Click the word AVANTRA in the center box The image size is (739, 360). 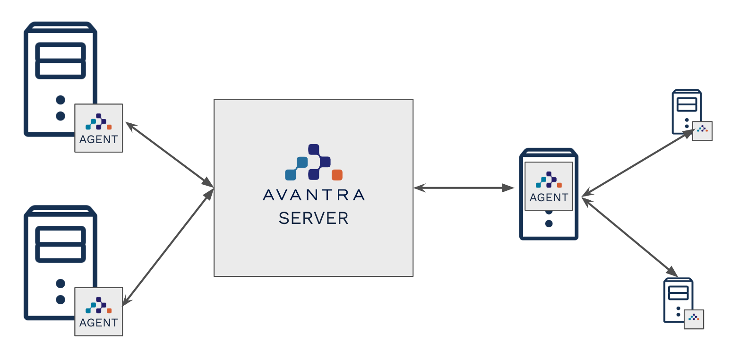coord(314,195)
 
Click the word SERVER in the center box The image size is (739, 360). coord(314,218)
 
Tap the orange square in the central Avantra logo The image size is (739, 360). coord(337,174)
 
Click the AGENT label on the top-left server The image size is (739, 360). coord(99,139)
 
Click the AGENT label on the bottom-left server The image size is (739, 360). coord(99,323)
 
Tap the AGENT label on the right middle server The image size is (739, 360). coord(549,197)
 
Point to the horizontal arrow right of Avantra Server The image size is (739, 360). coord(464,189)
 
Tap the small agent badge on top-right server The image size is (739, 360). coord(702,131)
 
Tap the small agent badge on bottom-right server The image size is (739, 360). coord(694,319)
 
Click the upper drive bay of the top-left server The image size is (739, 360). coord(60,52)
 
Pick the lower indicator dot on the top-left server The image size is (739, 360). coord(60,116)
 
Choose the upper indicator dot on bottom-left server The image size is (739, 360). coord(60,283)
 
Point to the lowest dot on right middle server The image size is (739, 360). coord(549,223)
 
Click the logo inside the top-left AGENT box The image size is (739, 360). coord(99,122)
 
